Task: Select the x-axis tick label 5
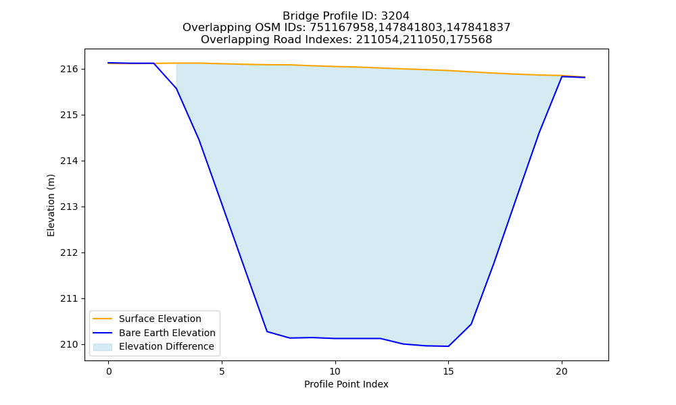[222, 371]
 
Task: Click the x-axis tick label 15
[448, 371]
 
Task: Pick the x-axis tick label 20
[561, 371]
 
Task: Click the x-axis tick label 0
[109, 371]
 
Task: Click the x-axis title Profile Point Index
[346, 384]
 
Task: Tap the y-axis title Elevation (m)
[51, 205]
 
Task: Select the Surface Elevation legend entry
[147, 319]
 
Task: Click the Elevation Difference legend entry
[153, 346]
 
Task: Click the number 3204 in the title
[395, 16]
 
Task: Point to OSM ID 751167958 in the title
[342, 28]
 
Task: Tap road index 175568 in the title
[470, 40]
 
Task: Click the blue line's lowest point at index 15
[448, 346]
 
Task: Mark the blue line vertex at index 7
[267, 331]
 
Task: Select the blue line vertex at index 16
[471, 324]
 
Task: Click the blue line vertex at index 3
[176, 88]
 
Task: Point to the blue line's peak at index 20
[562, 76]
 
